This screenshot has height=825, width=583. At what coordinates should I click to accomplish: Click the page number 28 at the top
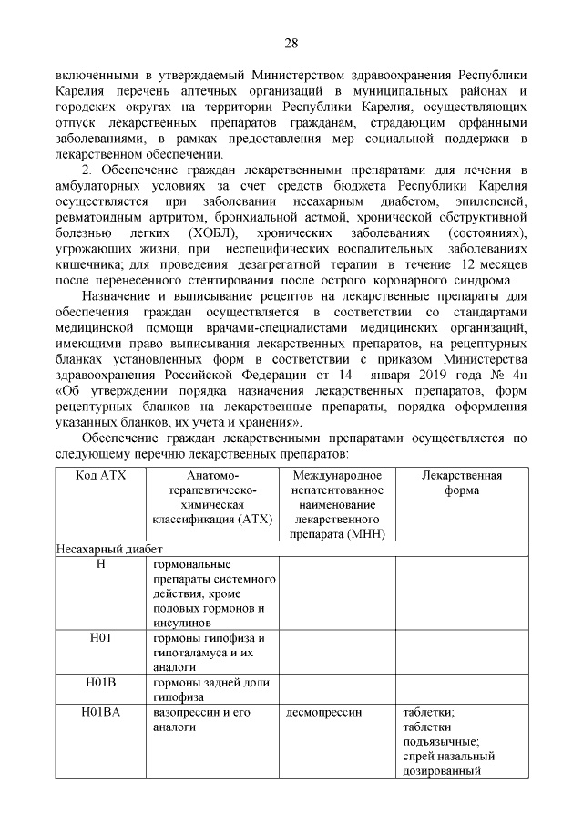(x=291, y=43)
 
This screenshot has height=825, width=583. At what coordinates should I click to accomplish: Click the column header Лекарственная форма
(x=462, y=482)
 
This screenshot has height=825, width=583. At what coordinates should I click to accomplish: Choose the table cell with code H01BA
(x=100, y=713)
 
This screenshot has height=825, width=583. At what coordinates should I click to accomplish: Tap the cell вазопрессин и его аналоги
(x=203, y=720)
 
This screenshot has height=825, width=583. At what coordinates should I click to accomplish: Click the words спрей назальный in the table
(x=448, y=757)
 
